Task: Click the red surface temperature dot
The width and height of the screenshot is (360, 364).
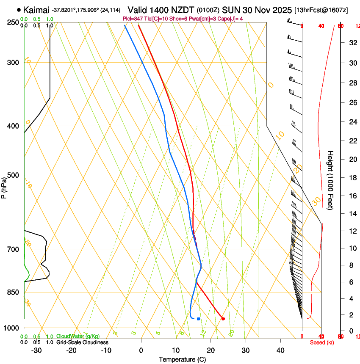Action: (x=223, y=319)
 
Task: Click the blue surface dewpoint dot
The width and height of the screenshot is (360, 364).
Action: (x=198, y=319)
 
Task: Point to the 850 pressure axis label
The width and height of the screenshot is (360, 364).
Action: (x=13, y=292)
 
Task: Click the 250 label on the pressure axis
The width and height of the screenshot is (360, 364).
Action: (x=13, y=22)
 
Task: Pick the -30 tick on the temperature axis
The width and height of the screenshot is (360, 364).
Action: (x=36, y=350)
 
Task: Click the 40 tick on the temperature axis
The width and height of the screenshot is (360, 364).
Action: (x=280, y=350)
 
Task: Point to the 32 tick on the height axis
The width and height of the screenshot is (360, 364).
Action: (x=352, y=42)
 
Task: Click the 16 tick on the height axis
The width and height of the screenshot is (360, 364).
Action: (x=352, y=196)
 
